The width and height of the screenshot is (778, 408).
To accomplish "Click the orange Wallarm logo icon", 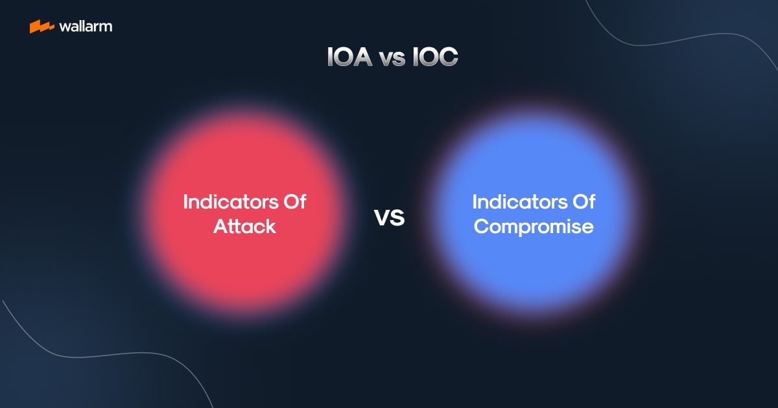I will click(41, 27).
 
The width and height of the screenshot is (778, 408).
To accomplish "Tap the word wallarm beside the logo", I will click(85, 27).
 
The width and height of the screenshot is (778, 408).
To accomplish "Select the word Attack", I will click(244, 227).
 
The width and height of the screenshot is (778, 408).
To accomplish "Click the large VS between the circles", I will click(389, 218).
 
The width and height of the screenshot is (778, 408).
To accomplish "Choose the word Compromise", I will click(533, 227).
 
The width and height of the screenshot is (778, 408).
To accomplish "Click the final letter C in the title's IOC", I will click(449, 57).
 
